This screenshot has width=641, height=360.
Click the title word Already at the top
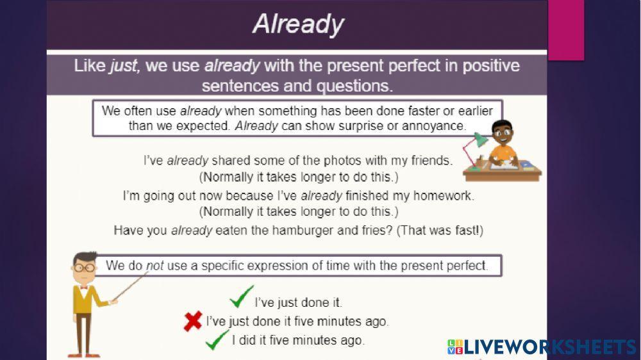(298, 24)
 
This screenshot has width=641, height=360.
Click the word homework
(442, 195)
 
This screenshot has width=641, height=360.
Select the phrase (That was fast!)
(440, 230)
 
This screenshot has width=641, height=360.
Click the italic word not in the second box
(155, 265)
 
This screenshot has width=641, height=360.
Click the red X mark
(193, 321)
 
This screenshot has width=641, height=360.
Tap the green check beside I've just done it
(242, 297)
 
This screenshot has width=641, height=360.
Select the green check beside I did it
(217, 339)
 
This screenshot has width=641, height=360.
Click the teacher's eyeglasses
(84, 268)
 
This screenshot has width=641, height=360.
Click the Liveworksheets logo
(542, 347)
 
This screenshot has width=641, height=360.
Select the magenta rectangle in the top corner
(565, 29)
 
